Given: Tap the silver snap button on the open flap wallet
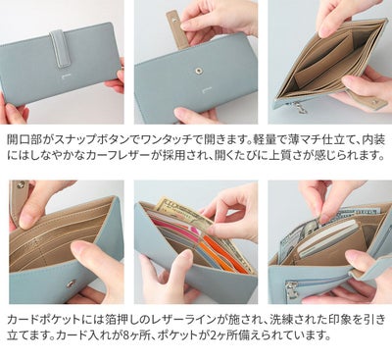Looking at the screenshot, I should pyautogui.click(x=200, y=72).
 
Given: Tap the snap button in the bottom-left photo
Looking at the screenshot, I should pyautogui.click(x=70, y=283).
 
